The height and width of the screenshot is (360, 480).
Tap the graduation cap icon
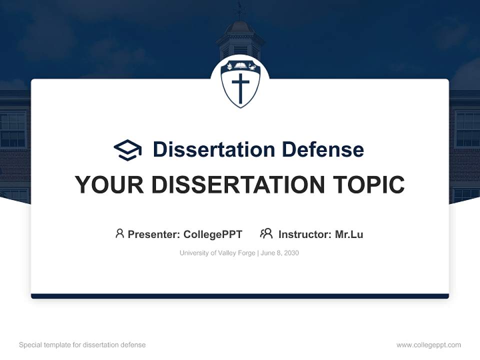coord(127,149)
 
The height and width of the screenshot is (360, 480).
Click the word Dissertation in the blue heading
coord(214,149)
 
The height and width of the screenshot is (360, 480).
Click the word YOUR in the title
coord(109,185)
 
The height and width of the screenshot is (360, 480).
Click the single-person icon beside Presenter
coord(119,233)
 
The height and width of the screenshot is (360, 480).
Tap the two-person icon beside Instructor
coord(266,233)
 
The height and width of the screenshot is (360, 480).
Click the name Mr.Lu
coord(349,234)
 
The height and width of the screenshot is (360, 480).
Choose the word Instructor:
coord(305,234)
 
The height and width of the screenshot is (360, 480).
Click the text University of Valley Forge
coord(217,253)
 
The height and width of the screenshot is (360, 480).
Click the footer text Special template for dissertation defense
coord(82,345)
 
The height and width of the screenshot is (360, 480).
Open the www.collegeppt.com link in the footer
coord(428,345)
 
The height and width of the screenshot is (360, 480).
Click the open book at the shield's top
coord(240,66)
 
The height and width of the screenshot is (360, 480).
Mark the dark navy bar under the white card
coord(240,296)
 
